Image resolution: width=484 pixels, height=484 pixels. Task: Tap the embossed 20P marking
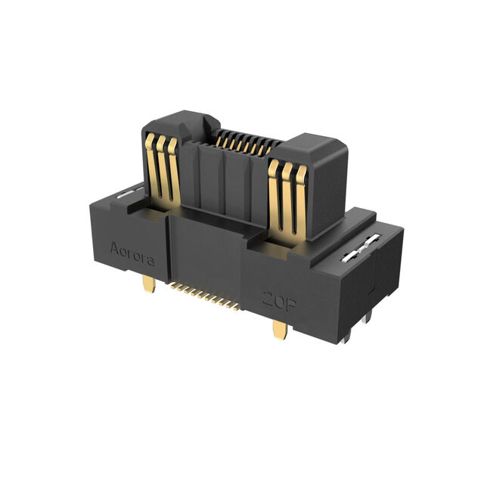(x=279, y=301)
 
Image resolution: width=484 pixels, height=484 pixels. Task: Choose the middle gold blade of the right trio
(x=287, y=200)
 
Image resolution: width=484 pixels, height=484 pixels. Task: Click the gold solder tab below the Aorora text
(x=149, y=284)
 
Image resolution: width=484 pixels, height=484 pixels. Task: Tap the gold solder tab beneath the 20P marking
(x=280, y=330)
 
